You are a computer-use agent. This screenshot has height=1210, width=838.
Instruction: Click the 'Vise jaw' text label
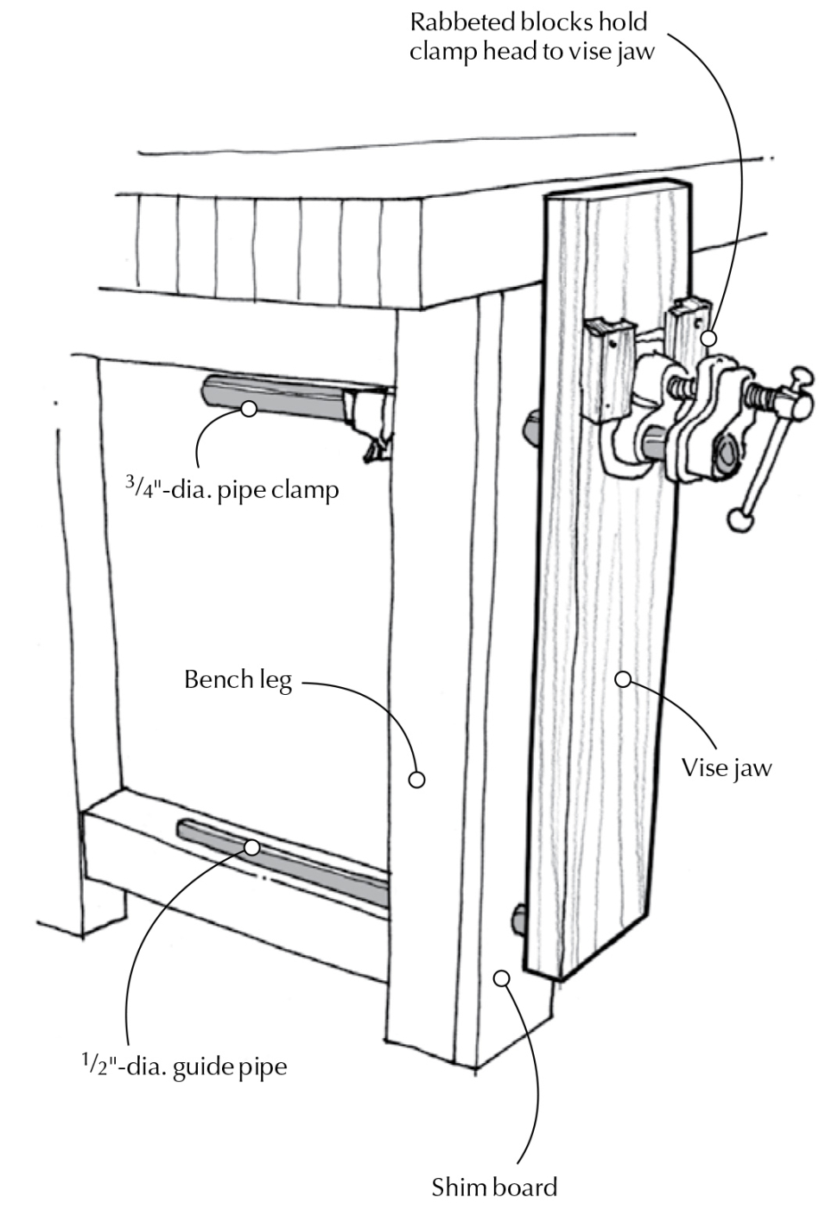click(x=726, y=767)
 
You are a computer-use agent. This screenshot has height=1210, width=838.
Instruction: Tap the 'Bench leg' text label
click(x=238, y=680)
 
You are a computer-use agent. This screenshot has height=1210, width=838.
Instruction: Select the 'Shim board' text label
click(x=494, y=1187)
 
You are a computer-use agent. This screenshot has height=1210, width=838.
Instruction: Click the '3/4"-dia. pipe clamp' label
click(x=232, y=490)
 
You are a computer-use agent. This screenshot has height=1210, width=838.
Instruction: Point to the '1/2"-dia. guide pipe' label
click(x=179, y=1067)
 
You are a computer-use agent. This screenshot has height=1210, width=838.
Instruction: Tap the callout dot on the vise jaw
click(x=622, y=679)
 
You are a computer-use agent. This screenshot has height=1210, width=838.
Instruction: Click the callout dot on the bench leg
click(x=416, y=780)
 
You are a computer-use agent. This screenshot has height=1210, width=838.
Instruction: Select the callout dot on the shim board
click(x=501, y=978)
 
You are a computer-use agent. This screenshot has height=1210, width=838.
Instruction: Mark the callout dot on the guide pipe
click(x=252, y=848)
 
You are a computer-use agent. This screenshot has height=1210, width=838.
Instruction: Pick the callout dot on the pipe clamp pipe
click(x=249, y=409)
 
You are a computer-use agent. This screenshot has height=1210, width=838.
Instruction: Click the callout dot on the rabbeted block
click(x=708, y=338)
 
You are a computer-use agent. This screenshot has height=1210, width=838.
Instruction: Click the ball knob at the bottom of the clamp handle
click(x=738, y=519)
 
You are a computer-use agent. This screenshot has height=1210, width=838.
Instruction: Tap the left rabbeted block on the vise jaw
click(x=608, y=367)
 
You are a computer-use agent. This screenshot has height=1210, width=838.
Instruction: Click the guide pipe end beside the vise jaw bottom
click(x=520, y=919)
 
